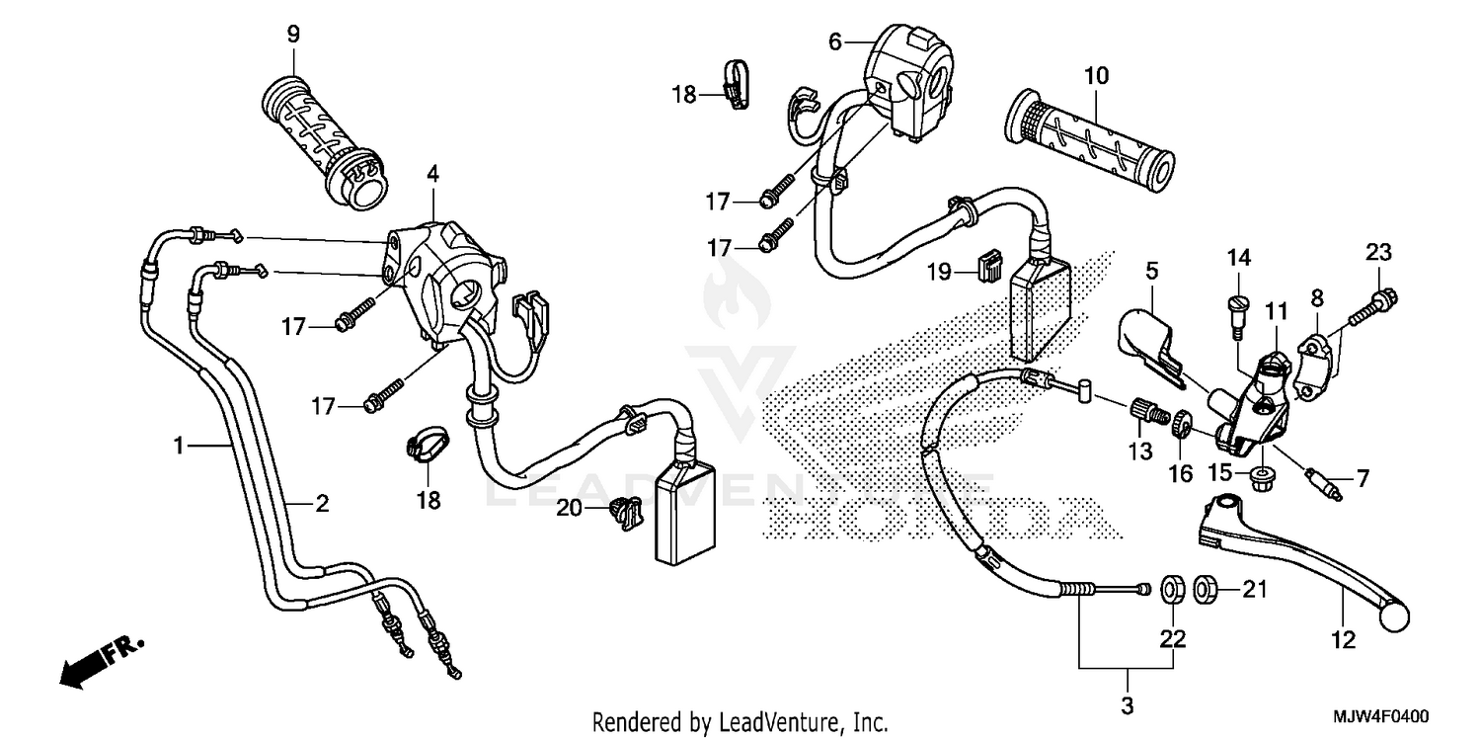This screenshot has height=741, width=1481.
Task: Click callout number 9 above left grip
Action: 292,34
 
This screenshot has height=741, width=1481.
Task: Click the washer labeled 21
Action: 1205,591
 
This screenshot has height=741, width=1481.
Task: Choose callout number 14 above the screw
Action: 1239,258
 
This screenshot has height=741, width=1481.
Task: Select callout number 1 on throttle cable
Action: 179,447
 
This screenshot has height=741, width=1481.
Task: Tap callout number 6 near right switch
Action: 835,41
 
